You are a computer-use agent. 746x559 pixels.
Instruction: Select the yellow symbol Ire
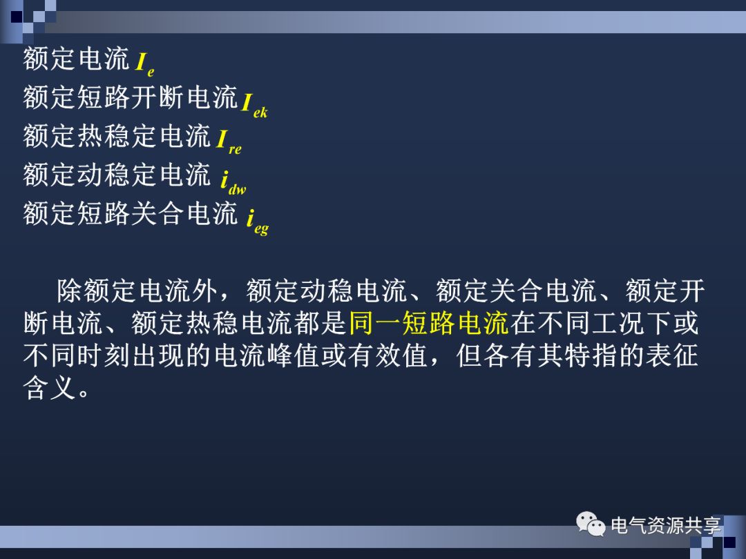(229, 141)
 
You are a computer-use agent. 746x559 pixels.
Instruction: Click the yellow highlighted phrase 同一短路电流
(429, 322)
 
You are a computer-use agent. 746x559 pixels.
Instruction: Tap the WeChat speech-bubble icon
(591, 525)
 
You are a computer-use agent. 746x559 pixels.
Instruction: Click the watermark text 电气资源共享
(666, 526)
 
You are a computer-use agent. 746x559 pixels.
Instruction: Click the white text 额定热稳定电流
(117, 136)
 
